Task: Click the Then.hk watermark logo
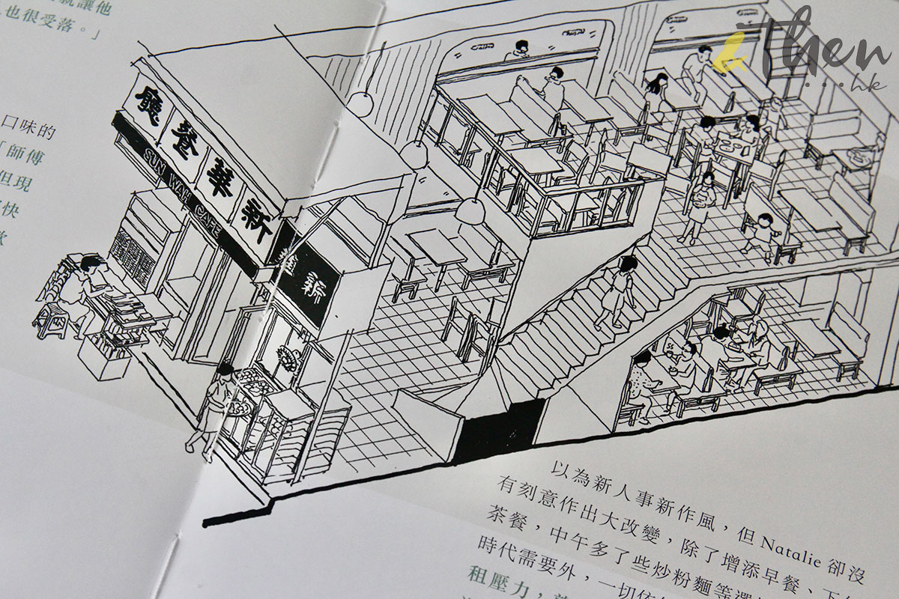point(802,45)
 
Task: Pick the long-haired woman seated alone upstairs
point(657,89)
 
